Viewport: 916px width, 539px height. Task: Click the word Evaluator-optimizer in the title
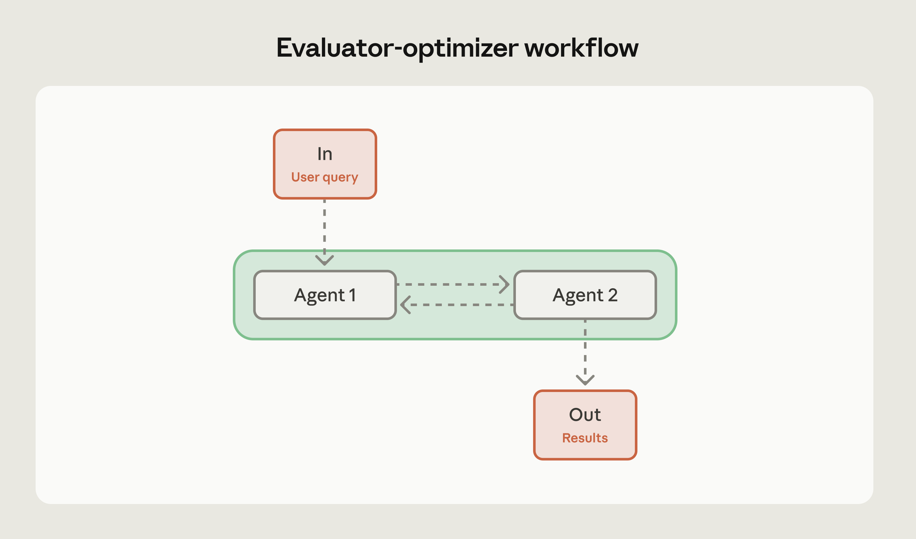[397, 48]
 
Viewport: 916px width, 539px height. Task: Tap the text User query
[325, 177]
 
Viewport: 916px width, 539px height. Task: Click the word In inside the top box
[325, 154]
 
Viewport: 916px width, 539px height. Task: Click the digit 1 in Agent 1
[352, 295]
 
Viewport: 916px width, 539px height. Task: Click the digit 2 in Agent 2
[613, 295]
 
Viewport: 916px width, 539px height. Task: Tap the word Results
[585, 438]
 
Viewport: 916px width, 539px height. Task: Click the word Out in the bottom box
[585, 415]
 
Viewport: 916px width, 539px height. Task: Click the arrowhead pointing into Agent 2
[505, 284]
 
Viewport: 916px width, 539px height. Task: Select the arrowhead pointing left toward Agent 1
[405, 305]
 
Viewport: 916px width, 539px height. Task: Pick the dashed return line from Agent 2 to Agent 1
[461, 305]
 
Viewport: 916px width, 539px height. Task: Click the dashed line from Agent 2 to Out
[585, 349]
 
